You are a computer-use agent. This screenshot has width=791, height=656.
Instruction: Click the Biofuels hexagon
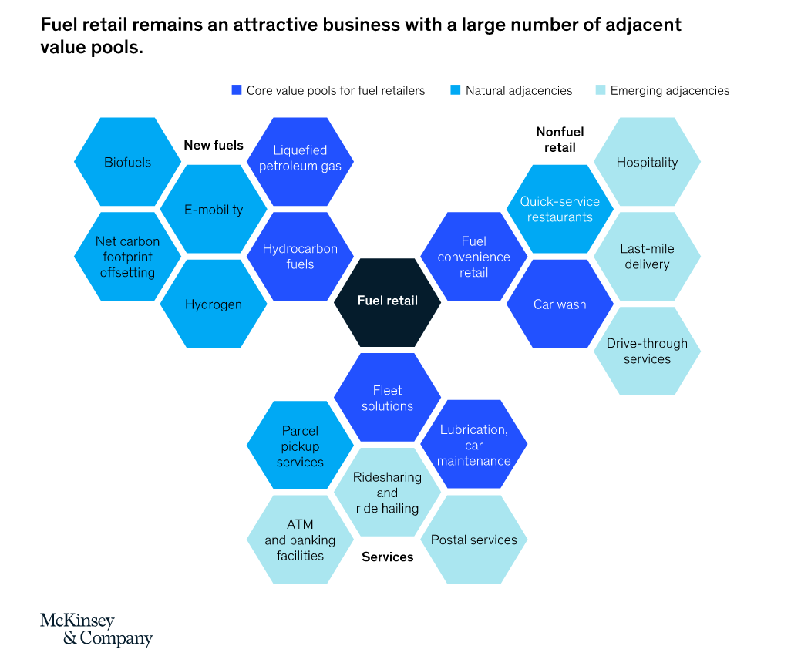[127, 163]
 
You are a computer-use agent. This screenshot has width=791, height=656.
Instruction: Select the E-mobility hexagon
[214, 210]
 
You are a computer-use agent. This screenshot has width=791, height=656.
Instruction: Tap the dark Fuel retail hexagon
[387, 301]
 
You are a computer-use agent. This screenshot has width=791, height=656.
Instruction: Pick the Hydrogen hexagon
[214, 304]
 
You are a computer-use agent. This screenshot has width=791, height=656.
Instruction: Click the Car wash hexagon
[560, 304]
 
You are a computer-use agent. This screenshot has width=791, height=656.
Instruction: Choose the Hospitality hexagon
[647, 163]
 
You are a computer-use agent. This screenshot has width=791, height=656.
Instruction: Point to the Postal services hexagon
[473, 540]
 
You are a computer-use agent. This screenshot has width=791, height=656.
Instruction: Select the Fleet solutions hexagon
[387, 398]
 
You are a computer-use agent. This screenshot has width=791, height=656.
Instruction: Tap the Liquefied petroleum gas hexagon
[300, 158]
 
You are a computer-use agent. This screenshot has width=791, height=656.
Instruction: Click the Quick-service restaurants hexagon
[560, 210]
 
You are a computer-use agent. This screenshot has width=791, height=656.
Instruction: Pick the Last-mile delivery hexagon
[647, 257]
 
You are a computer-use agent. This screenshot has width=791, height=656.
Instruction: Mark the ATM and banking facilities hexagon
[300, 540]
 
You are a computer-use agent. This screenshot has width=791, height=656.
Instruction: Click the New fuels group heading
[214, 145]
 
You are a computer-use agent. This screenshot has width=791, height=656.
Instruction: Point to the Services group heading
[387, 557]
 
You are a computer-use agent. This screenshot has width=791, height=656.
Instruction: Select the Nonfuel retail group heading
[560, 140]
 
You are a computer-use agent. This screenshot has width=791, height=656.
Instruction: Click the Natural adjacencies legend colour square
[456, 90]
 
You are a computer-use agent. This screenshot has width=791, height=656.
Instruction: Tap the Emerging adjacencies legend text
[669, 90]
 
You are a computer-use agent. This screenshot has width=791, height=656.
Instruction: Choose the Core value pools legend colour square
[237, 90]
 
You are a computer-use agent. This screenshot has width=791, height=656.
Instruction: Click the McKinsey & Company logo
[96, 629]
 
